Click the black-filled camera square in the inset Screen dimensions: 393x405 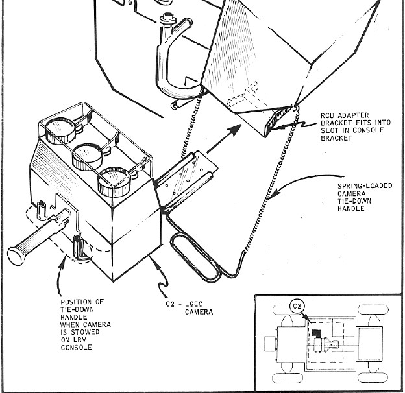click(316, 333)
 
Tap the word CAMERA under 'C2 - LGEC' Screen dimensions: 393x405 click(199, 312)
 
